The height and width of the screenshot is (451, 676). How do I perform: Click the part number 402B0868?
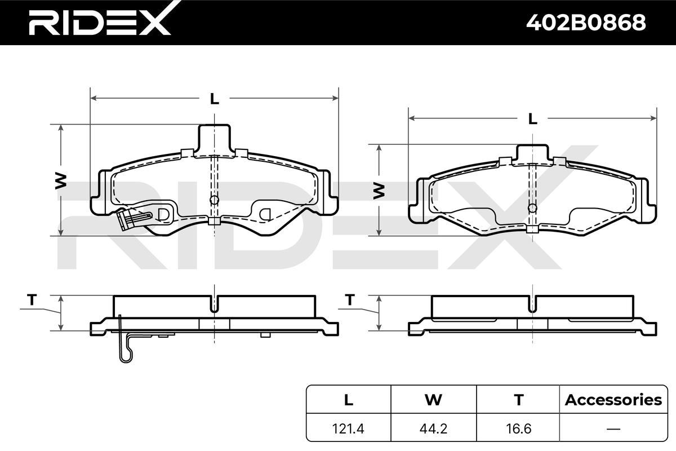[586, 23]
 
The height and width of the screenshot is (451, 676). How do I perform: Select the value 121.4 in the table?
[348, 428]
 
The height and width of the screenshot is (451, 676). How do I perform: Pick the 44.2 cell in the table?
[433, 428]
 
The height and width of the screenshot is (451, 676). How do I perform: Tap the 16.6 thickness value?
[518, 428]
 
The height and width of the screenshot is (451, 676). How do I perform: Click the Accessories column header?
[613, 400]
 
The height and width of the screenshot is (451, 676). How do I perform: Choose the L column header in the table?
[349, 400]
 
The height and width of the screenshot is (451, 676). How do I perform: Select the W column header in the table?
[433, 400]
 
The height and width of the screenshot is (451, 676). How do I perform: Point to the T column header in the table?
[518, 400]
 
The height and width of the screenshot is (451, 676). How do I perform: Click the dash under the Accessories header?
[613, 429]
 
